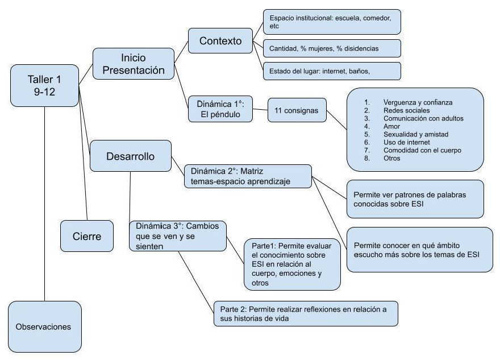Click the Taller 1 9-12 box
coord(44,85)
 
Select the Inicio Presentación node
coord(133,64)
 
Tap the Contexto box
coord(220,42)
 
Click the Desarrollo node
coord(130,156)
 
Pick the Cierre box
coord(87,235)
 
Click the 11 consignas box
coord(297,111)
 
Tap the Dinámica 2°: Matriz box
coord(248,176)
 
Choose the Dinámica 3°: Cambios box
coord(178,236)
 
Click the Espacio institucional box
coord(332,22)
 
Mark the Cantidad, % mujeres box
coord(332,48)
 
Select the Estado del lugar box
coord(332,71)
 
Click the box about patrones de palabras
coord(415,198)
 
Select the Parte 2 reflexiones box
coord(306,313)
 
